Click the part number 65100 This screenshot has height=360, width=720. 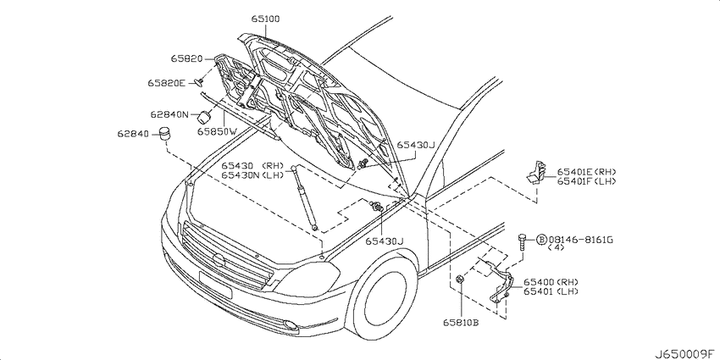(265, 19)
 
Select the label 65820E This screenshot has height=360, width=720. (166, 83)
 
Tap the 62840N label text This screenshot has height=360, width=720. (169, 114)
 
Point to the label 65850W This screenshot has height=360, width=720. (217, 131)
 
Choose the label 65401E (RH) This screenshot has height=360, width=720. (586, 172)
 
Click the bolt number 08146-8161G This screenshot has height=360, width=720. (581, 240)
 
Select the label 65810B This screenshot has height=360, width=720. (461, 323)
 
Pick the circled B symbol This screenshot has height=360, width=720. (542, 240)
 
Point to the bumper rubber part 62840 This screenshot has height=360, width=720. (164, 133)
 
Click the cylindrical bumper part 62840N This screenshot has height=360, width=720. (204, 117)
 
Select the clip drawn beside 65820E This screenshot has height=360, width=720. (200, 81)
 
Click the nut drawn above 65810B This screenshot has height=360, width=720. (459, 279)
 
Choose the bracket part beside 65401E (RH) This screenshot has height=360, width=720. (536, 172)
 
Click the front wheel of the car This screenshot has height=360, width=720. (382, 298)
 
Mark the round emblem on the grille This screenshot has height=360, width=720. (219, 260)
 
